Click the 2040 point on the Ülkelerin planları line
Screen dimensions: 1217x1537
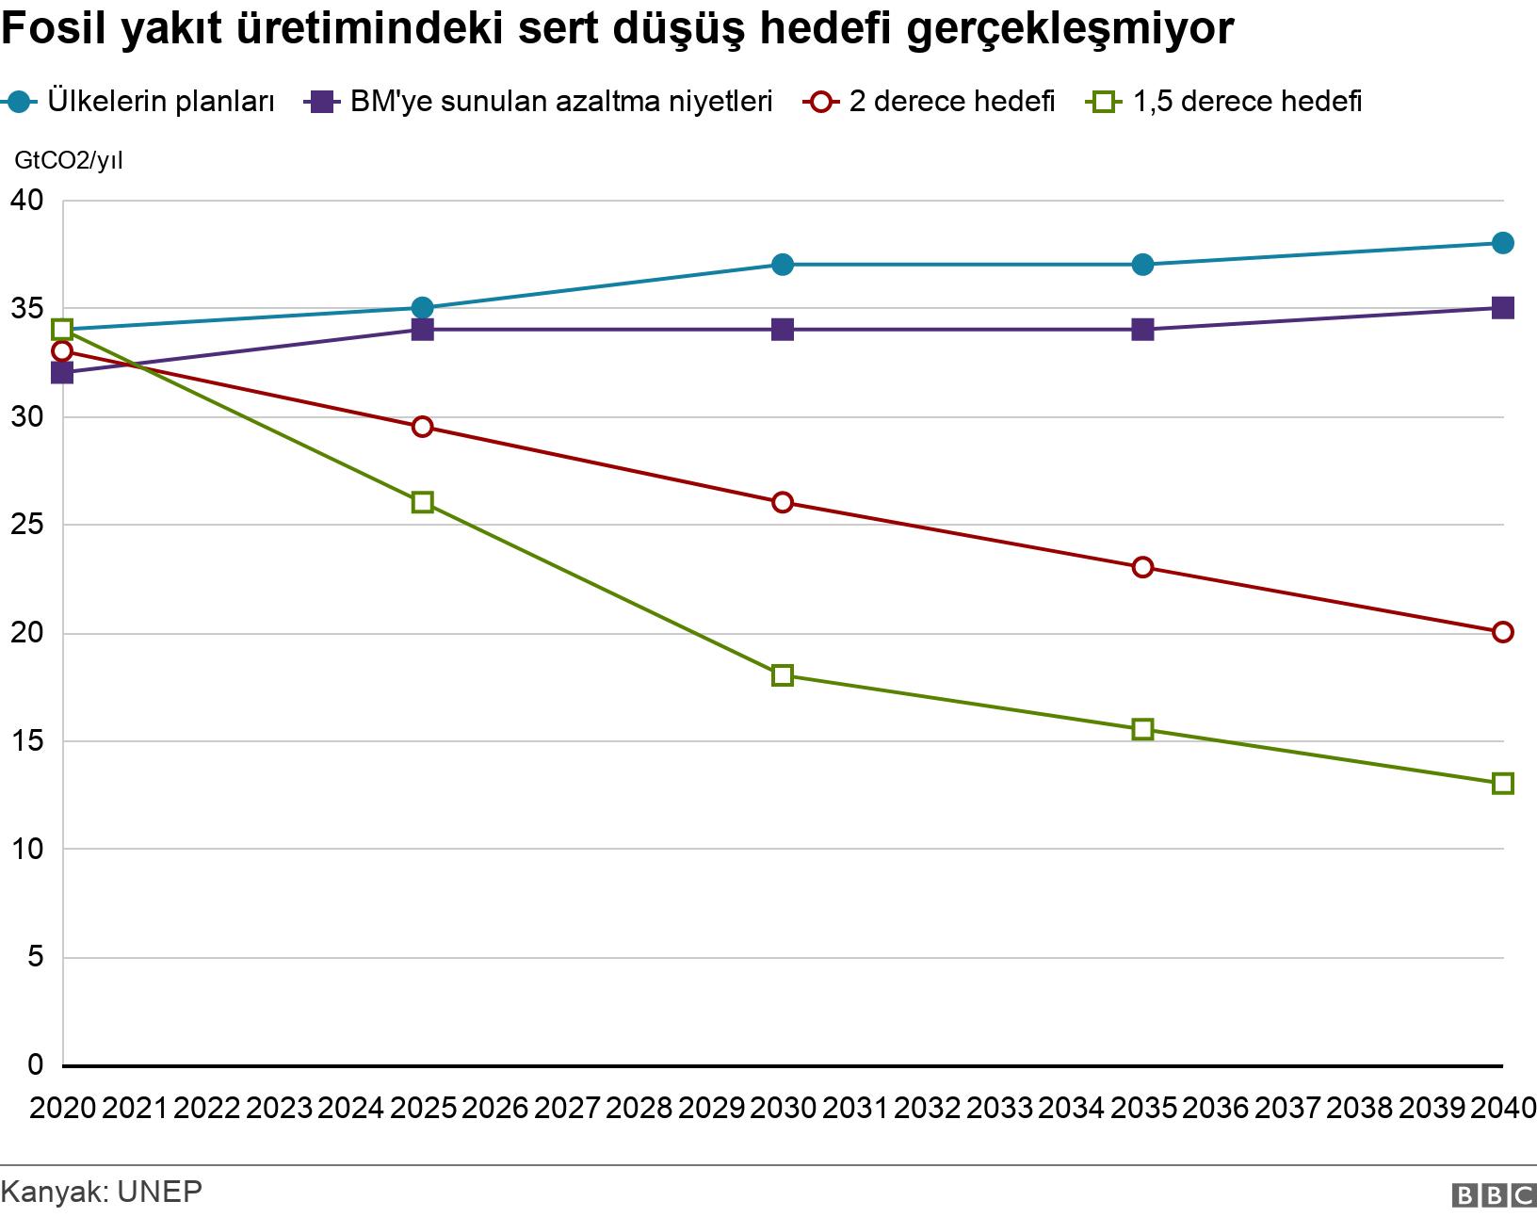click(x=1503, y=243)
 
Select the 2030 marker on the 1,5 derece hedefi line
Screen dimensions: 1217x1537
click(x=783, y=675)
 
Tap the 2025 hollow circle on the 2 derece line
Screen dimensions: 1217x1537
click(x=423, y=427)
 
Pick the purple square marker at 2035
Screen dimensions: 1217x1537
click(x=1142, y=330)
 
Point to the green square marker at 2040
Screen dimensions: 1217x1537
click(x=1503, y=784)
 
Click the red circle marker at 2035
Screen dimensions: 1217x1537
click(x=1142, y=567)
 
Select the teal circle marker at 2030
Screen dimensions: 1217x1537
click(x=783, y=265)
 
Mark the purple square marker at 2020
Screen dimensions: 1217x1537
click(x=62, y=373)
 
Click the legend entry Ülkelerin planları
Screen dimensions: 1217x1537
click(x=160, y=101)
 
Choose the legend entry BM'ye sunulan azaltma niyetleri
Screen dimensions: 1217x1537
click(x=560, y=101)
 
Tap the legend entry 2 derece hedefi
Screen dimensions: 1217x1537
click(x=951, y=101)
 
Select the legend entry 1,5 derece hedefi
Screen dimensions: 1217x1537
click(x=1247, y=101)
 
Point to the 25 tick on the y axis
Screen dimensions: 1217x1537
click(x=29, y=525)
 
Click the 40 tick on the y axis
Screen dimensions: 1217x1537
click(x=29, y=201)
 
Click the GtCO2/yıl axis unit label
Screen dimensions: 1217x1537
click(x=68, y=161)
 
